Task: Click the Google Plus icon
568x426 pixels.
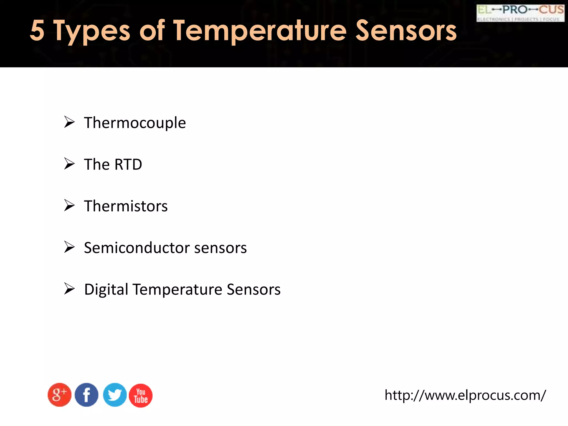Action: click(x=59, y=395)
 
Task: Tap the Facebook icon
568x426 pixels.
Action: click(x=87, y=395)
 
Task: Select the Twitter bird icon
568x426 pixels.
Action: click(x=115, y=395)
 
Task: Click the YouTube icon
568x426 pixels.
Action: click(x=141, y=395)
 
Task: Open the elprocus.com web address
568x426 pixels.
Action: click(x=465, y=395)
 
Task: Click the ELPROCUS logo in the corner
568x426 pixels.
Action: click(x=520, y=13)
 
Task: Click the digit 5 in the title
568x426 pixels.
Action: click(x=37, y=31)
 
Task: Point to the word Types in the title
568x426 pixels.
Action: click(x=92, y=31)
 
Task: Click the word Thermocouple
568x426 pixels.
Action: click(x=135, y=123)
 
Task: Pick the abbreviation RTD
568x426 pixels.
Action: click(x=128, y=164)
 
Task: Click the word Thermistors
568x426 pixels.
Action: click(x=126, y=206)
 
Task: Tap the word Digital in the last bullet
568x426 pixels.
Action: click(x=106, y=290)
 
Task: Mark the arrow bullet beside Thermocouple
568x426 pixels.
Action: click(x=69, y=122)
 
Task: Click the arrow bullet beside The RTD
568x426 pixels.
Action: click(x=69, y=164)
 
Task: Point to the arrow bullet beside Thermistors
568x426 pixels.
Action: click(x=69, y=205)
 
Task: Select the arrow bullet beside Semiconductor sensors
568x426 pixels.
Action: click(x=69, y=247)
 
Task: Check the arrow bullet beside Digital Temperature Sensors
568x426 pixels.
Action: click(x=69, y=289)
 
